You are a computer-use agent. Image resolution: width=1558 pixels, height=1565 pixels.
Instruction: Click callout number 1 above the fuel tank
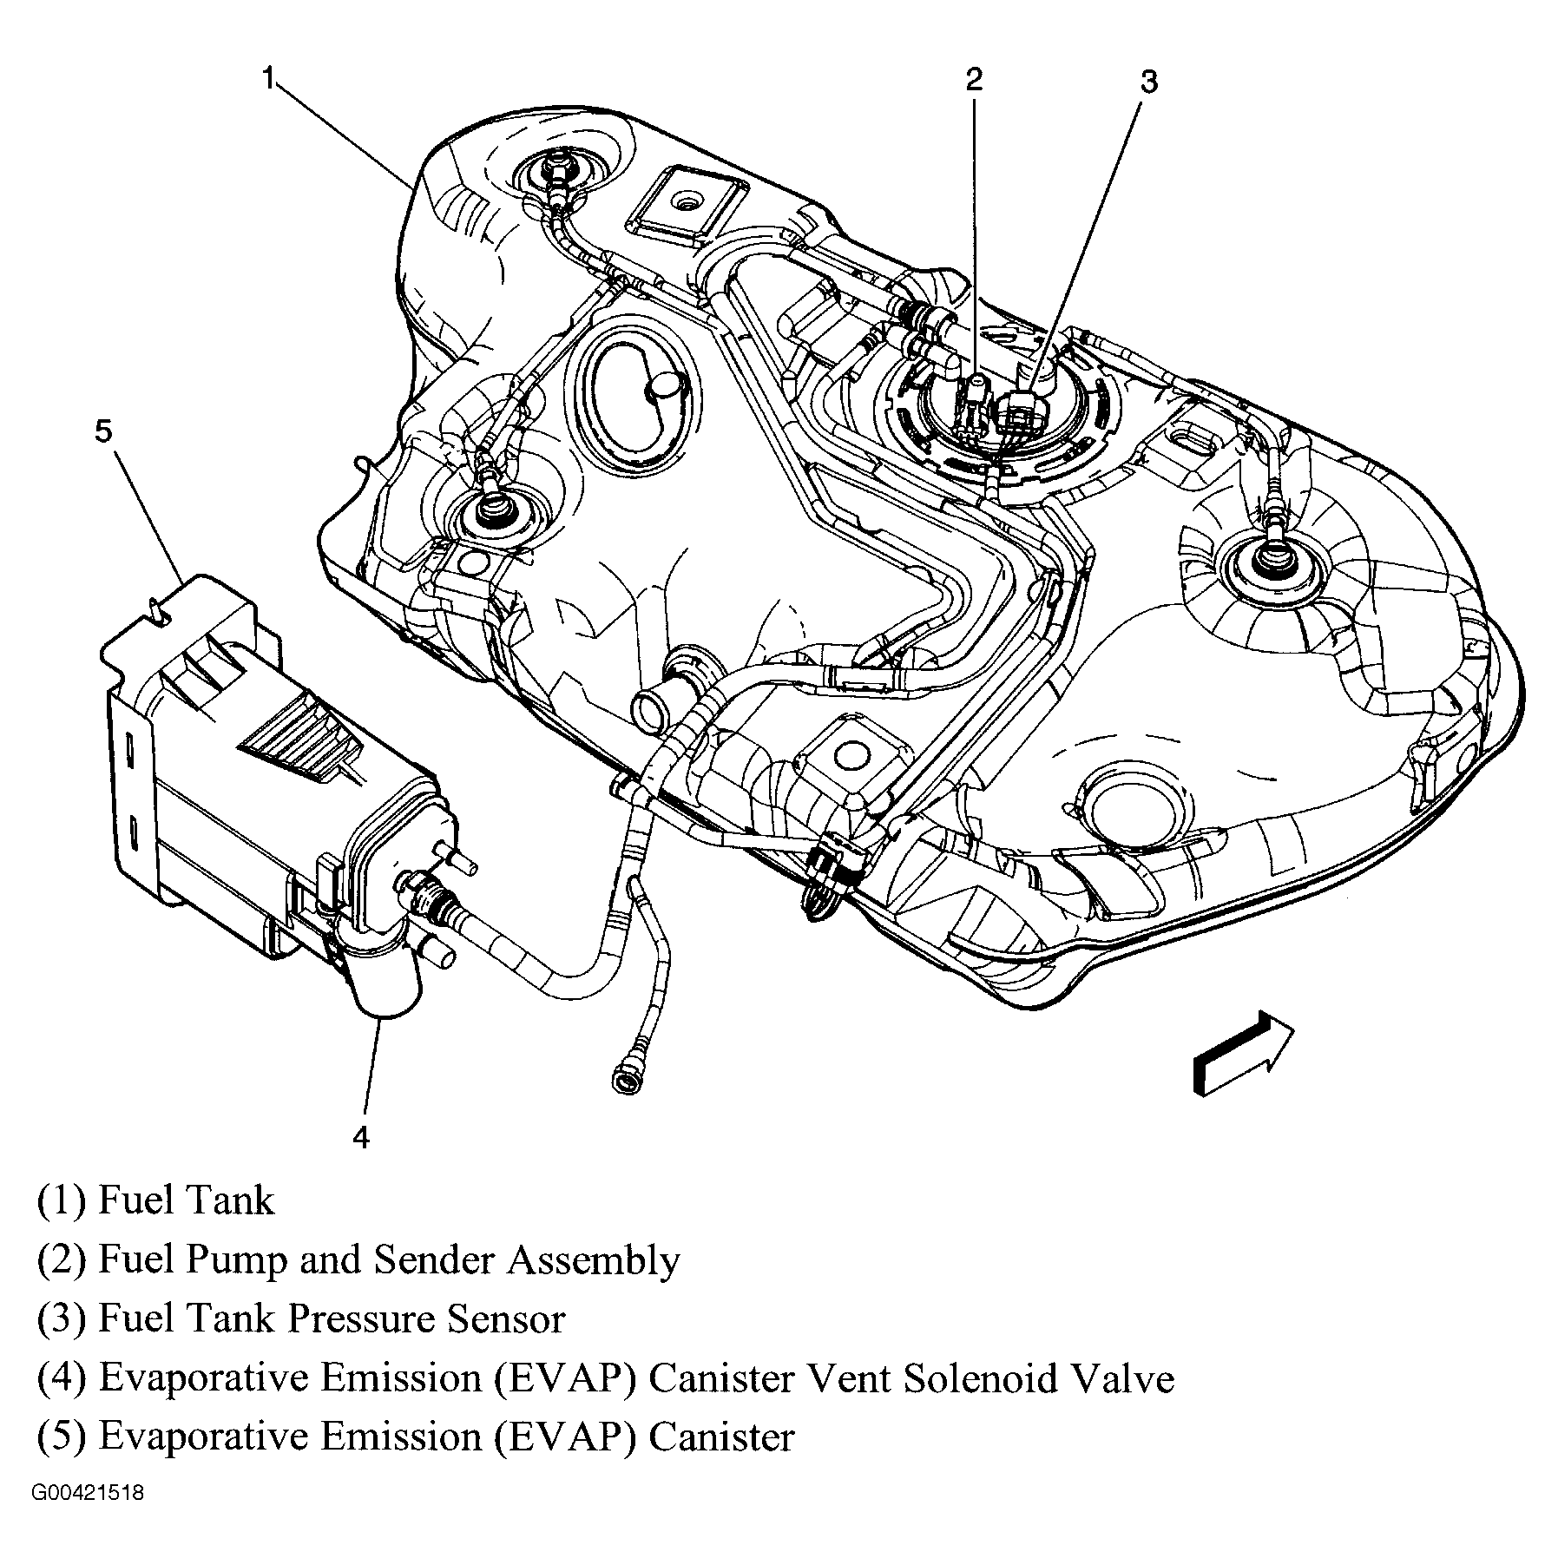tap(269, 80)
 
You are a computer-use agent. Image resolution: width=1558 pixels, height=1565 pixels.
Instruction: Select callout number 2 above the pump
tap(974, 80)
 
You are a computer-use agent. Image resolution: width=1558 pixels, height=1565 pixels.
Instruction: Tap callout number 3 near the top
tap(1148, 82)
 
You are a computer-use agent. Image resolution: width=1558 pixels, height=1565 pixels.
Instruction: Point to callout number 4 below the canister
tap(361, 1136)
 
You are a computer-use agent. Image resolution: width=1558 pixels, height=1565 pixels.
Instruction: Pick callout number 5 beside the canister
tap(104, 431)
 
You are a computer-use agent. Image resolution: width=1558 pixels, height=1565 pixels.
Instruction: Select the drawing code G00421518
tap(88, 1518)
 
